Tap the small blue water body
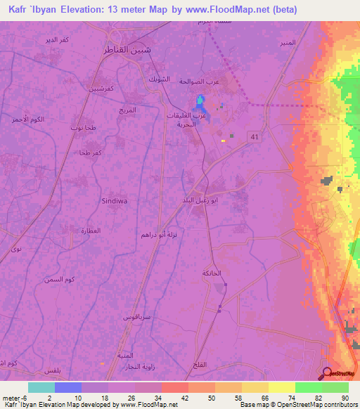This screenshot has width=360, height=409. pos(201,103)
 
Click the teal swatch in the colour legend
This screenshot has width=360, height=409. pos(41,387)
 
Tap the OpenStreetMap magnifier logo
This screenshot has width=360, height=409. pos(327,372)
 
